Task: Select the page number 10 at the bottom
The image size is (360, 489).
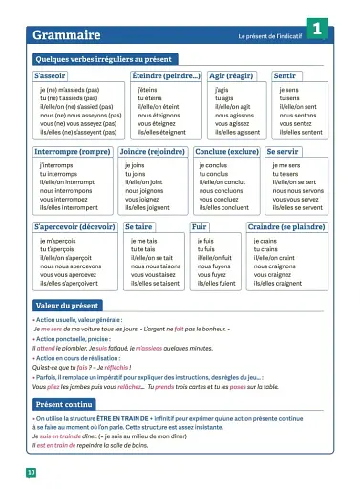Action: [32, 472]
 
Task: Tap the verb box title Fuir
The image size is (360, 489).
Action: [200, 227]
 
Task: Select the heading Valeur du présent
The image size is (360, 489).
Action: [67, 304]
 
